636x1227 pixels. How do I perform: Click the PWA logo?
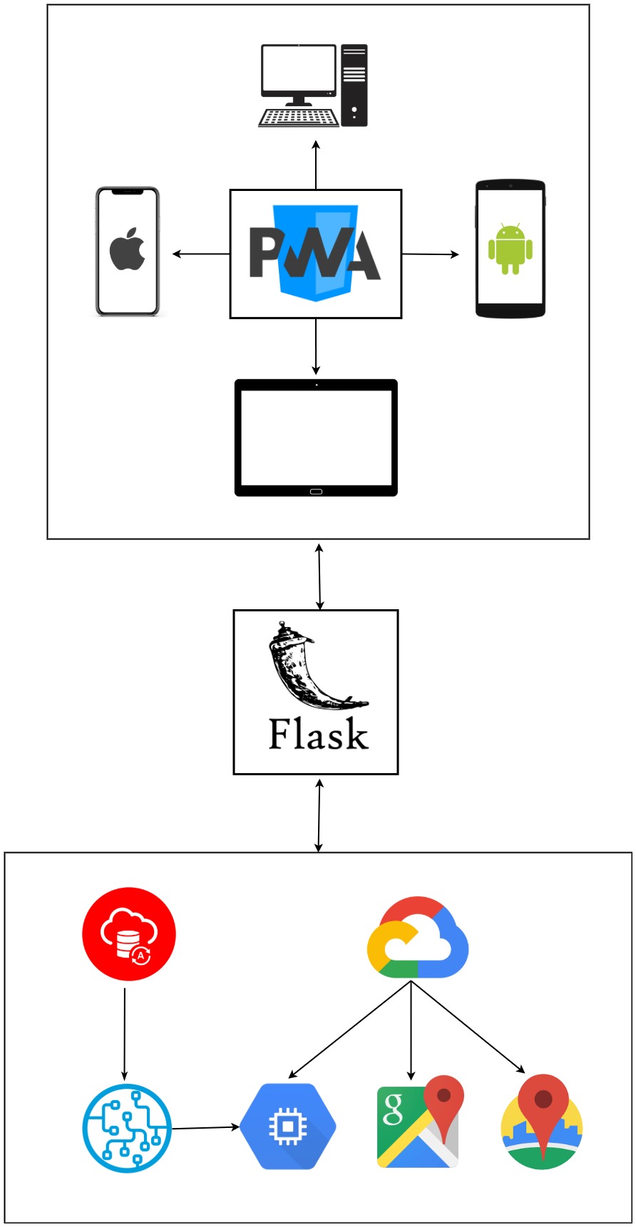(x=315, y=254)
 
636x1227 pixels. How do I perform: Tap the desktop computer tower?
(x=354, y=86)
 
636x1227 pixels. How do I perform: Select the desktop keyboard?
(x=298, y=118)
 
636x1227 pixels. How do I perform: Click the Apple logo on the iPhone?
(x=128, y=249)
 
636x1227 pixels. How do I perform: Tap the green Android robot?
(x=510, y=249)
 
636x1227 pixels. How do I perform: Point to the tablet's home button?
(x=316, y=491)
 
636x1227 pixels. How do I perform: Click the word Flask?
(x=318, y=734)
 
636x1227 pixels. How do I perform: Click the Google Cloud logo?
(x=417, y=938)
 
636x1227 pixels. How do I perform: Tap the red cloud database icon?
(x=129, y=933)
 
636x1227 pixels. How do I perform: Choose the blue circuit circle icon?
(x=127, y=1128)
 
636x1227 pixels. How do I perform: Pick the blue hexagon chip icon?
(x=287, y=1127)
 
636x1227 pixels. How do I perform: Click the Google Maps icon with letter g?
(x=419, y=1123)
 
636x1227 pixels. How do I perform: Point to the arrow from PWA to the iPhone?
(x=201, y=254)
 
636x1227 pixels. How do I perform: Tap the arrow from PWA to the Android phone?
(x=431, y=254)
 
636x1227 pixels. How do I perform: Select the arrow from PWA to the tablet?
(x=316, y=347)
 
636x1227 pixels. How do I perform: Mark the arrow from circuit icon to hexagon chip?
(x=205, y=1127)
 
